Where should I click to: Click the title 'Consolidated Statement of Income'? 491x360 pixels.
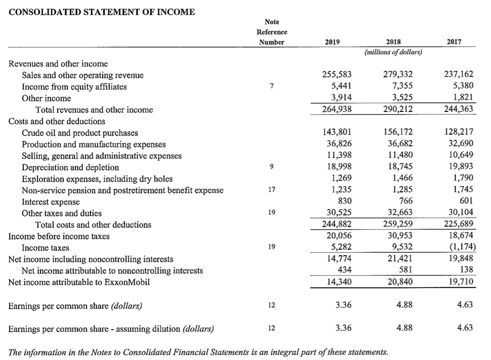pyautogui.click(x=102, y=12)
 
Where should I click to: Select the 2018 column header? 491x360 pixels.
pyautogui.click(x=393, y=42)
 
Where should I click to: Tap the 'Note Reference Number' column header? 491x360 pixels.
pyautogui.click(x=272, y=32)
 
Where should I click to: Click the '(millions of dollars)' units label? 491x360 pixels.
pyautogui.click(x=393, y=52)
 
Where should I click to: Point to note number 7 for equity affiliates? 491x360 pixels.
pyautogui.click(x=272, y=87)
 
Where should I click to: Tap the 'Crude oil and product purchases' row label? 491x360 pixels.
pyautogui.click(x=79, y=133)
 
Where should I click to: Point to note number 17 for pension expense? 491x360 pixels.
pyautogui.click(x=272, y=190)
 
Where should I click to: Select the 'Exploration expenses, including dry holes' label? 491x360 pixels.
pyautogui.click(x=97, y=179)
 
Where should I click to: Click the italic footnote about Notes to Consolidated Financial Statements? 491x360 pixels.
pyautogui.click(x=198, y=351)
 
